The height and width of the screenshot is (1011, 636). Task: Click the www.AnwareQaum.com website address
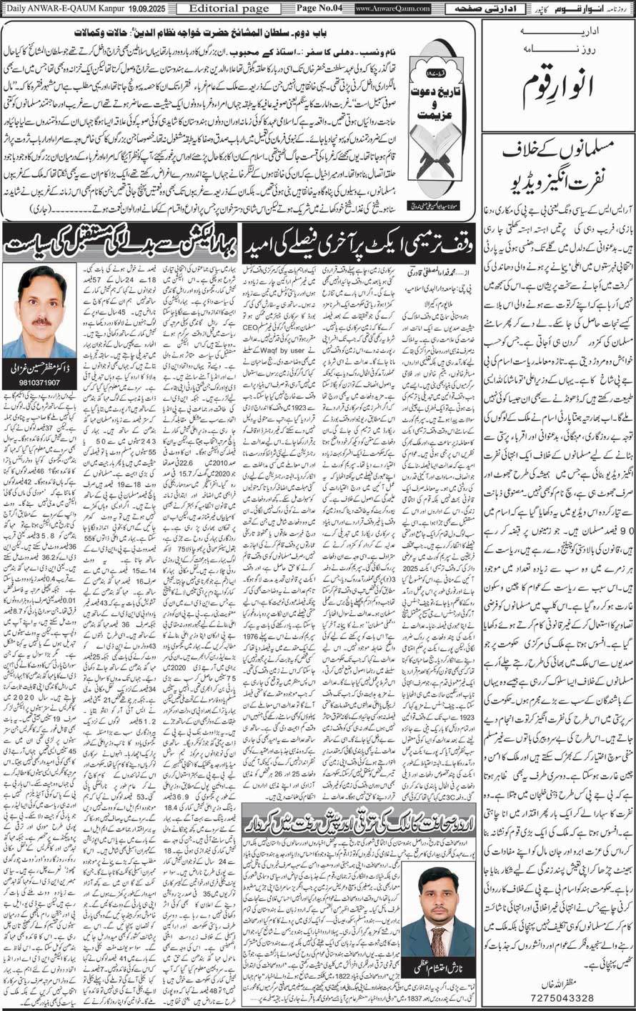(392, 9)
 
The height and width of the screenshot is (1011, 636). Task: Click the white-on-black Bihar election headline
(119, 241)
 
